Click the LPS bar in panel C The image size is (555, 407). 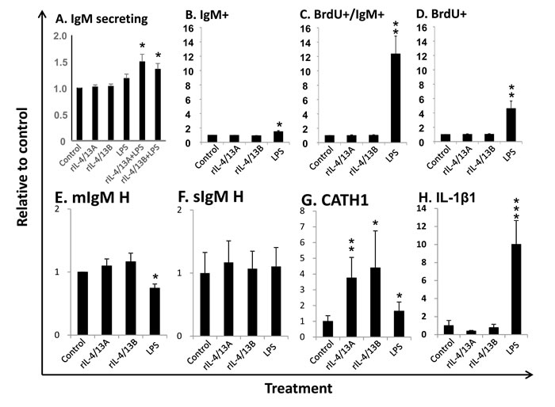point(396,98)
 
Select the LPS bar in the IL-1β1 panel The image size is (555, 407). point(516,289)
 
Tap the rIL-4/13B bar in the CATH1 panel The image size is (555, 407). point(375,302)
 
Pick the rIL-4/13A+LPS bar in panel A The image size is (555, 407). point(142,101)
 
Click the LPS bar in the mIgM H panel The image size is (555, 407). point(155,311)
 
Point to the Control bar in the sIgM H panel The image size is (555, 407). point(205,304)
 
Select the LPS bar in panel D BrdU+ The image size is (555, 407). point(511,125)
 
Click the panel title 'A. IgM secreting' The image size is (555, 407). point(101,19)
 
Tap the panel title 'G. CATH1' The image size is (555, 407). point(335,200)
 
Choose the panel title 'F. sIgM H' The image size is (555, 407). point(211,196)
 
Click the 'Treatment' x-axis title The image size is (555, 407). point(299,388)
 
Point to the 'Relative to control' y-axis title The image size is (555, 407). point(22,167)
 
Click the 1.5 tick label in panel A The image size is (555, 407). point(59,63)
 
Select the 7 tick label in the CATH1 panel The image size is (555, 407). point(302,226)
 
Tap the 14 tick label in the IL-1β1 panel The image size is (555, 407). point(423,208)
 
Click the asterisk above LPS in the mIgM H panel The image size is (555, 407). point(155,278)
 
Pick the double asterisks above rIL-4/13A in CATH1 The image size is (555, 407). point(351,245)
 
